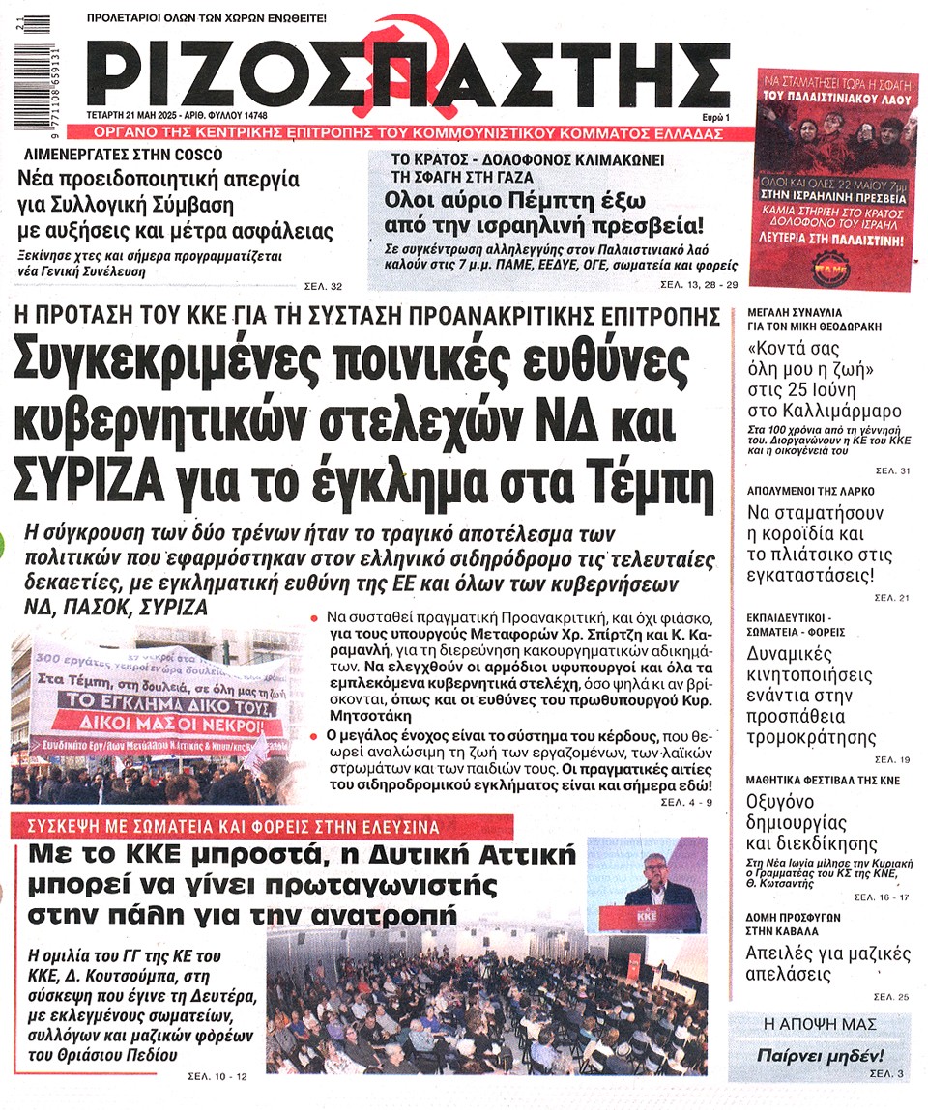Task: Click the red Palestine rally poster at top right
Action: tap(836, 178)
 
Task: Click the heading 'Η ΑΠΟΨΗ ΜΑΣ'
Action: tap(820, 1023)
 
